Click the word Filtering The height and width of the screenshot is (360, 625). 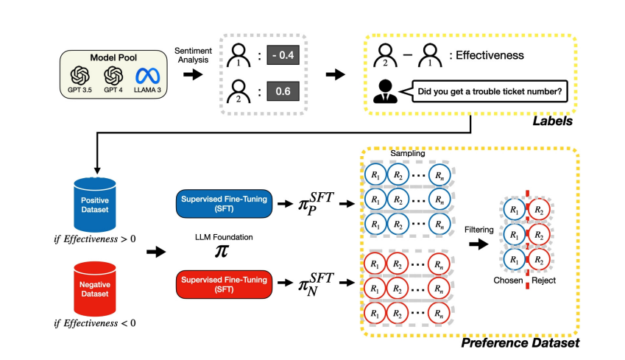coord(479,229)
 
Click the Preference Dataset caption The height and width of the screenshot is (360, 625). coord(520,342)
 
